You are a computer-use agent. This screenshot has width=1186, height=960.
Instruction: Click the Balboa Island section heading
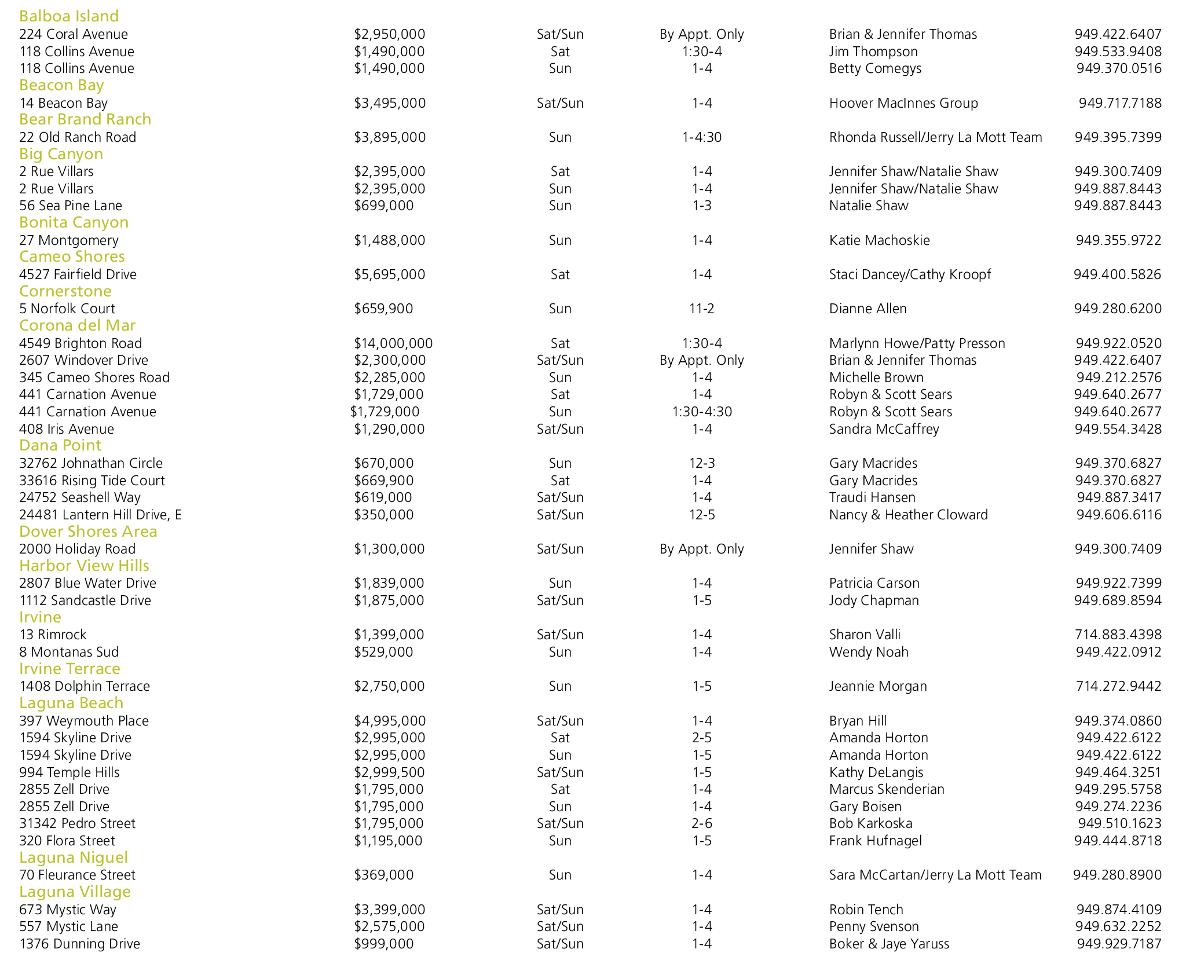pos(69,16)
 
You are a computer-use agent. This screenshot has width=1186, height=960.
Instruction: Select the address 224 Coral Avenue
pos(74,34)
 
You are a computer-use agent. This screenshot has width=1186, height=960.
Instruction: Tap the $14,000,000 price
pos(393,343)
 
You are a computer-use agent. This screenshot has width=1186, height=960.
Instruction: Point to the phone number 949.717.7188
pos(1119,103)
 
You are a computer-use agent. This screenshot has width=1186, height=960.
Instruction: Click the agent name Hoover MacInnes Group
pos(903,103)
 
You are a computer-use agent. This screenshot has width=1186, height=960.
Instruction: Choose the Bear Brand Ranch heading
pos(85,119)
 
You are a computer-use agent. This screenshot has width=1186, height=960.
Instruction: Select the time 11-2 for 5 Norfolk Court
pos(701,309)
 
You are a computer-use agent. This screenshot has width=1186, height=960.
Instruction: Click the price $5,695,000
pos(389,274)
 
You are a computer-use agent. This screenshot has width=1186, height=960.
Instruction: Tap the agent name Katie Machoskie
pos(879,240)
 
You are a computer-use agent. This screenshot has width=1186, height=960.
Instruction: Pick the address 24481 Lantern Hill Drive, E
pos(100,515)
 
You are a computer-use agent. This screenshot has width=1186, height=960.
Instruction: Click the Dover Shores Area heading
pos(88,532)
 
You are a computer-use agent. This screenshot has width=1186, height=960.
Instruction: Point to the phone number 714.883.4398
pos(1118,635)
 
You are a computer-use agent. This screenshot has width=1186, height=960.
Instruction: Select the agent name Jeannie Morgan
pos(878,686)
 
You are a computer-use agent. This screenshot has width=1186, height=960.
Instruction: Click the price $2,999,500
pos(389,772)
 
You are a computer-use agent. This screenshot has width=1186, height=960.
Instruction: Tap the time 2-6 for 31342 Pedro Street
pos(701,823)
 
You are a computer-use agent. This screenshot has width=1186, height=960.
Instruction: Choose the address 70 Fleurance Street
pos(77,875)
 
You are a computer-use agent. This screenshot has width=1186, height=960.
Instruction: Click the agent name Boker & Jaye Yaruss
pos(889,944)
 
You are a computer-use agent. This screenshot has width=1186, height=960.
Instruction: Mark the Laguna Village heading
pos(75,892)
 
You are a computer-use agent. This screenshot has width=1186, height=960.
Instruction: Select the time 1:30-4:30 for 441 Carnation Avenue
pos(701,412)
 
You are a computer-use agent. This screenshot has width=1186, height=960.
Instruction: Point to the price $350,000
pos(383,515)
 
